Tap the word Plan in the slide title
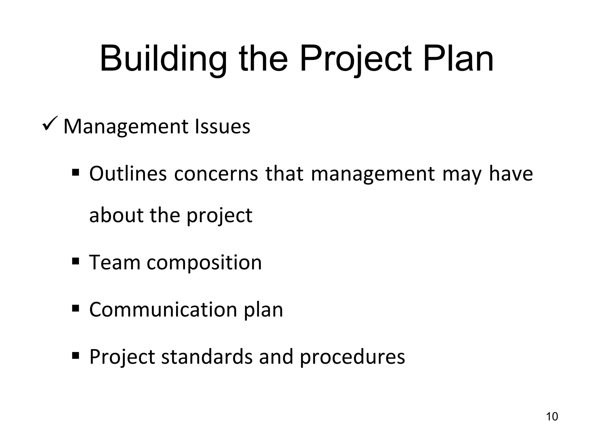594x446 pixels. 458,59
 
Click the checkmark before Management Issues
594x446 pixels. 50,123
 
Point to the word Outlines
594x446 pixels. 128,174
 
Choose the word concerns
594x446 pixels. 216,174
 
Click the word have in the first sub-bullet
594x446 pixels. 511,174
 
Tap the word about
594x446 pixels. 116,215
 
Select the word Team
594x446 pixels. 115,262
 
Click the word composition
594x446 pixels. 204,262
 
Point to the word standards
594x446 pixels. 207,357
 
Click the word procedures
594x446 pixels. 352,357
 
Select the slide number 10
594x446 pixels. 552,416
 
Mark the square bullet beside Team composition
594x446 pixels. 76,261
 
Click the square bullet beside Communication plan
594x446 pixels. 76,308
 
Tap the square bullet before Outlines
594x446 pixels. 76,172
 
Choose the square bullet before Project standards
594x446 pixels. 76,355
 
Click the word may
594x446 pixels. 462,174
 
